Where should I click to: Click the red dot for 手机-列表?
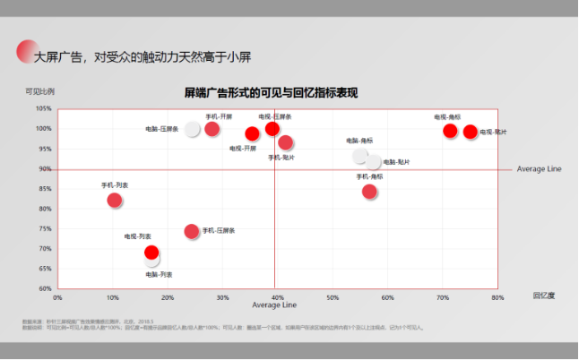[114, 201]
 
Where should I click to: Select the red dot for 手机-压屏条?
[191, 231]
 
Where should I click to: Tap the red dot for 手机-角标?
[369, 191]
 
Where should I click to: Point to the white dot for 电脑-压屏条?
[192, 129]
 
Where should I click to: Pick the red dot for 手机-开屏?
[212, 129]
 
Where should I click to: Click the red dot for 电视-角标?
[450, 131]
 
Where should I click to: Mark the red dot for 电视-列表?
[151, 252]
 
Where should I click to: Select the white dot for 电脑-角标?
[360, 156]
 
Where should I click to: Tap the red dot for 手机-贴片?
[285, 142]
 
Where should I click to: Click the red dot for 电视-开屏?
[252, 134]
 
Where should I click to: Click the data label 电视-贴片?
[492, 133]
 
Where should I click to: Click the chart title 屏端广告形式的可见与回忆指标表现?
[271, 93]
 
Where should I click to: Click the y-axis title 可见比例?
[39, 91]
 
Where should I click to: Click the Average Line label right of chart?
[539, 169]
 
